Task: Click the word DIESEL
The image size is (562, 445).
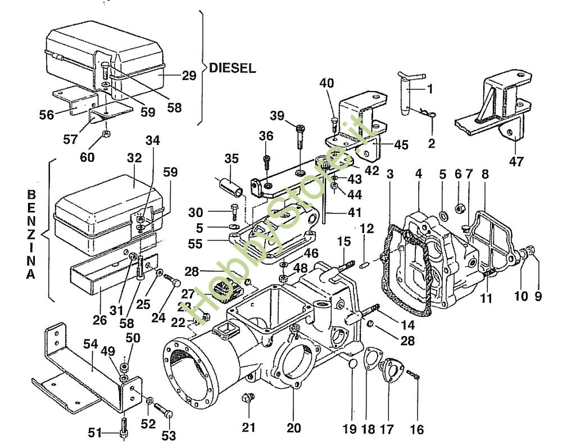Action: (232, 69)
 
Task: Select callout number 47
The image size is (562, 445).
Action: (516, 162)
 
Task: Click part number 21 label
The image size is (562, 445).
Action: (249, 428)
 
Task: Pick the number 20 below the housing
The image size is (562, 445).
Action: (293, 428)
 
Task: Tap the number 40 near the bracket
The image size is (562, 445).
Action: (327, 83)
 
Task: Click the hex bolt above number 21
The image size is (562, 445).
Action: (247, 399)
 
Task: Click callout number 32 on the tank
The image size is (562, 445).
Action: (134, 160)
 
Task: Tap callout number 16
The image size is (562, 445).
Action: (416, 430)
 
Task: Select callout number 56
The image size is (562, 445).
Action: (47, 114)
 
